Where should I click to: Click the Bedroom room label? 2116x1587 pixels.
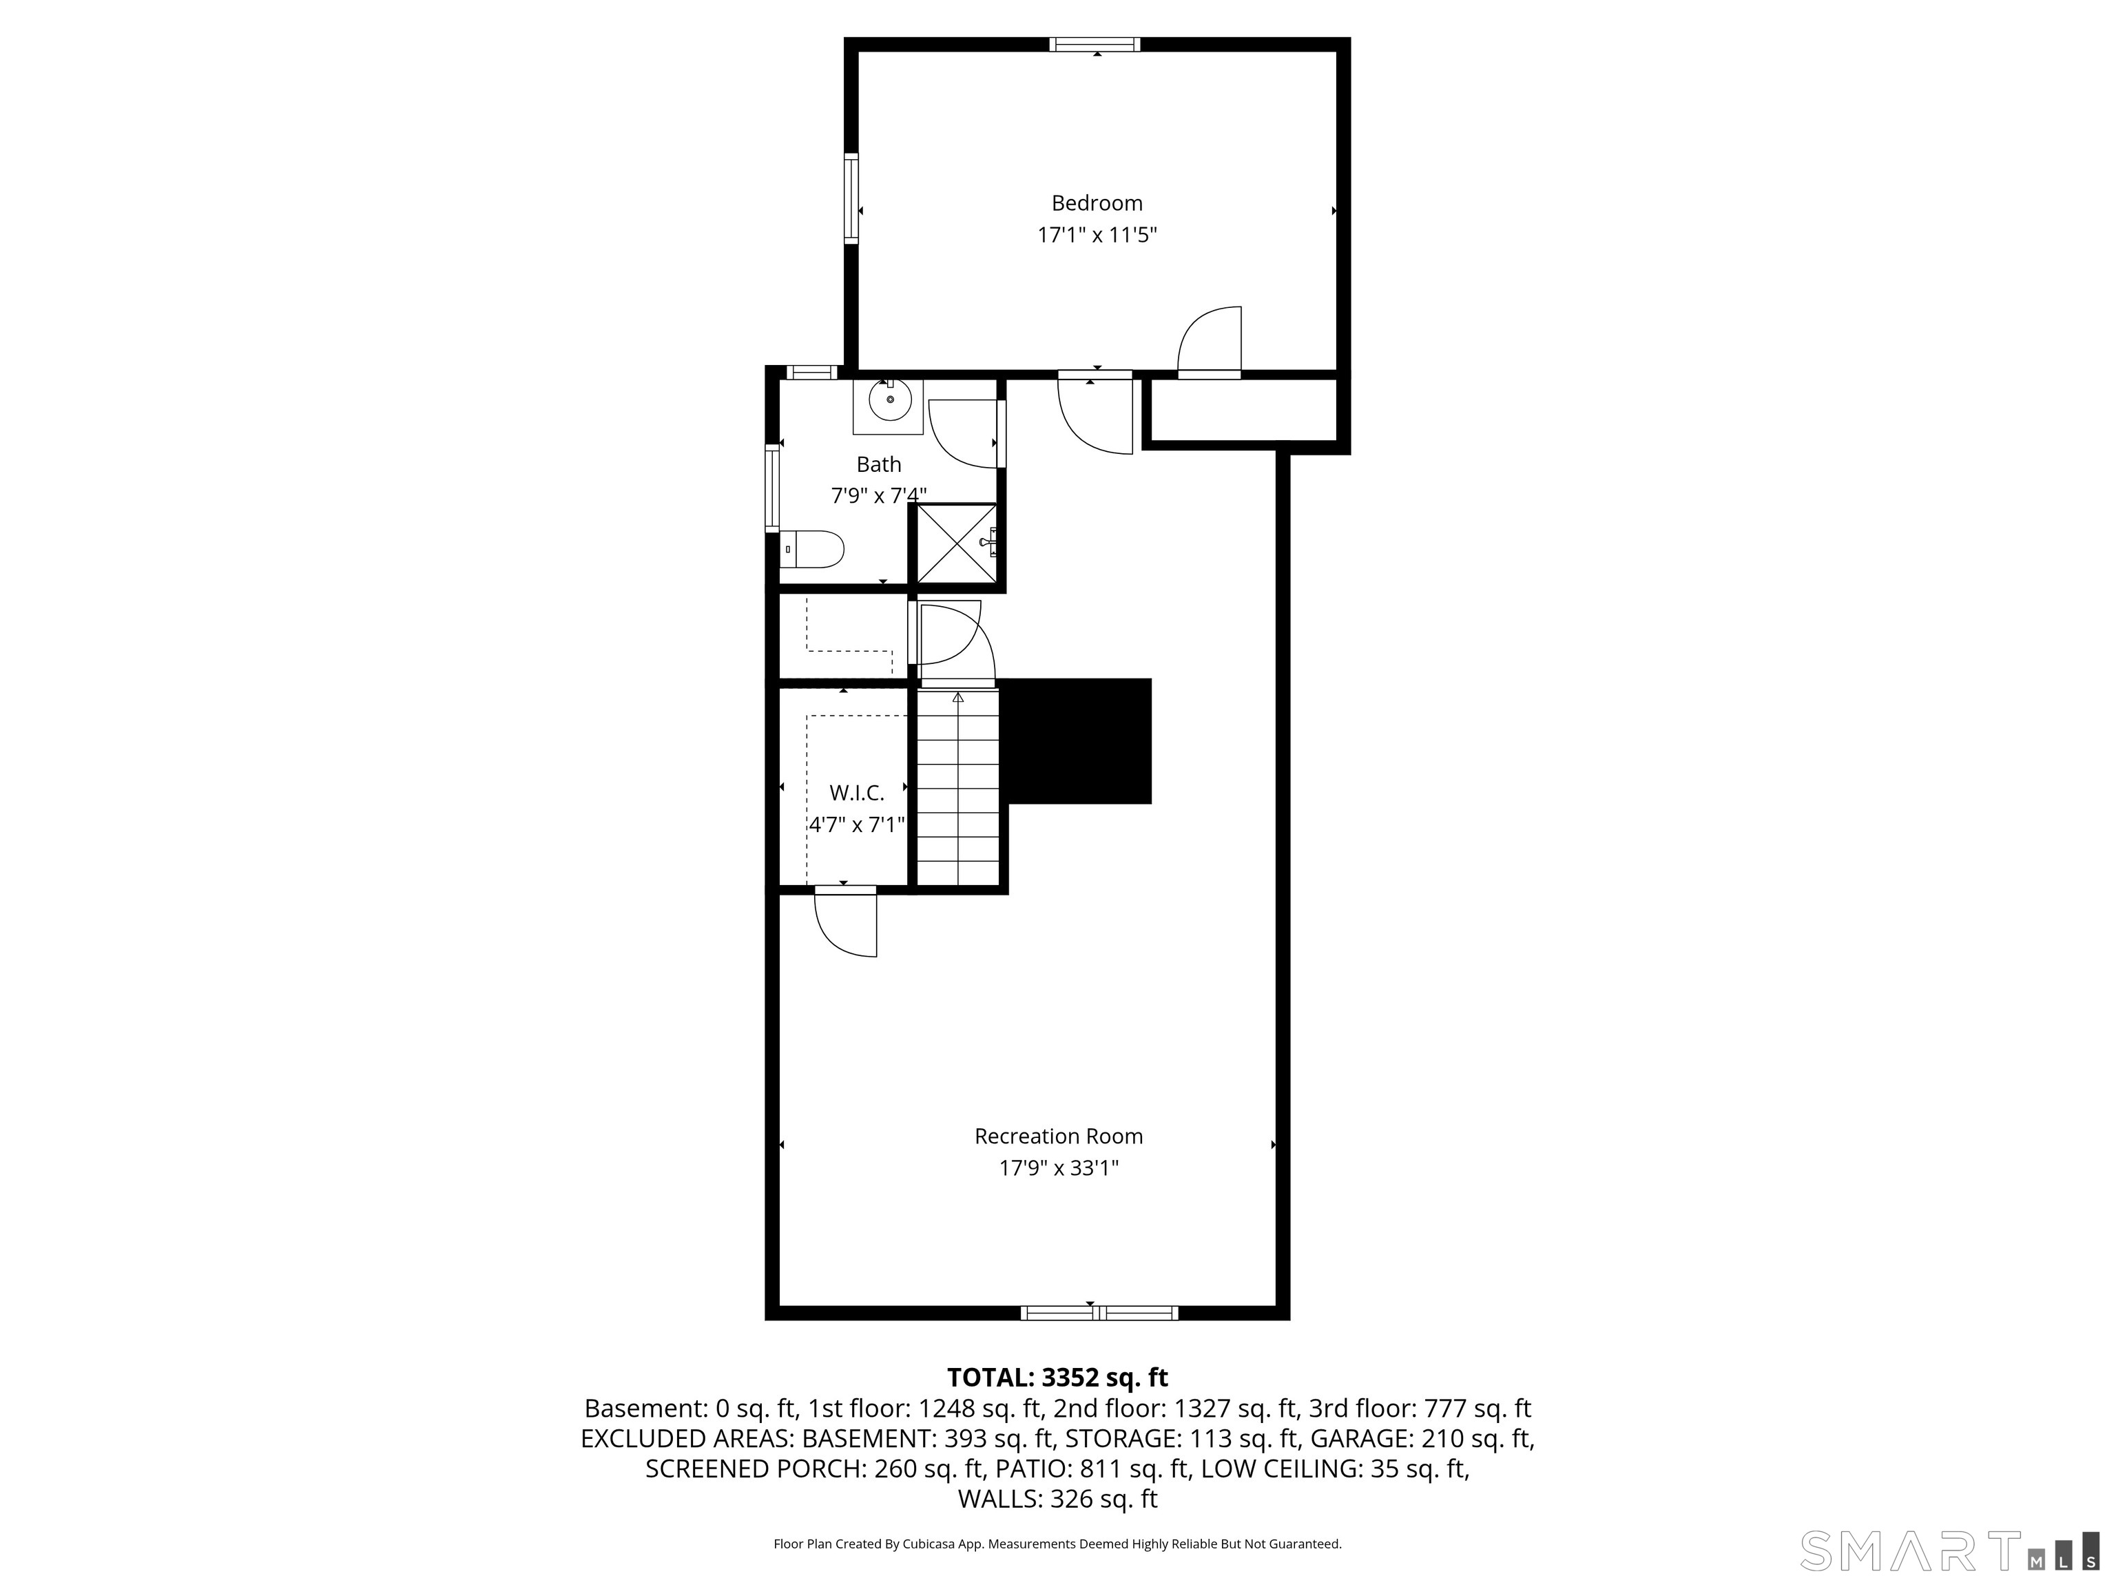(1097, 203)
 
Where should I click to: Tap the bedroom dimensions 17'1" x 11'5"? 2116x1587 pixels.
(1097, 234)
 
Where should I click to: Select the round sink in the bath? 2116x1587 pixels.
(890, 400)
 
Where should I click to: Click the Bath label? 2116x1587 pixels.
(878, 464)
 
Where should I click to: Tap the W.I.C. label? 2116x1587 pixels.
(856, 792)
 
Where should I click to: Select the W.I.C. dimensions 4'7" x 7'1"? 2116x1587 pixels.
(856, 824)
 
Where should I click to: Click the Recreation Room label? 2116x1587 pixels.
(1058, 1137)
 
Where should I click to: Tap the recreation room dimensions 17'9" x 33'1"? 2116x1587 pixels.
(1058, 1168)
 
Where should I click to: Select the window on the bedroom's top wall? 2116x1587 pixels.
(1095, 44)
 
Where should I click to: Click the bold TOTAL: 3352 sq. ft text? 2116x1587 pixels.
(1057, 1378)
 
